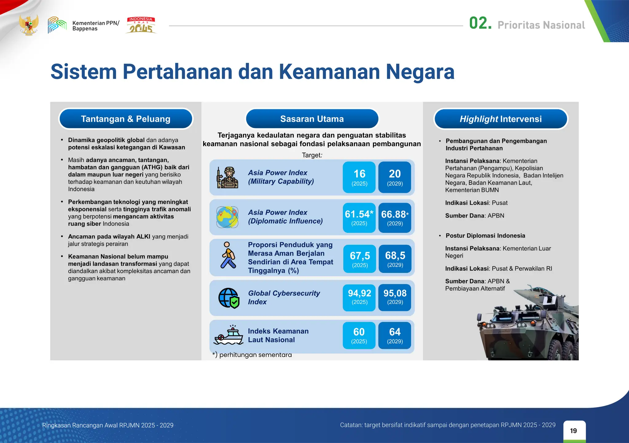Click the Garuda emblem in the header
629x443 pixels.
pyautogui.click(x=29, y=25)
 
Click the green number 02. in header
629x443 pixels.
pyautogui.click(x=480, y=24)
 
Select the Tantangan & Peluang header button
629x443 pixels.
pyautogui.click(x=126, y=119)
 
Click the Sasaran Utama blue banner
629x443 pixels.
pyautogui.click(x=312, y=119)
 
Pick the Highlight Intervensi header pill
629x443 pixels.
pyautogui.click(x=501, y=119)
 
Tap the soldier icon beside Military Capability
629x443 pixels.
pyautogui.click(x=228, y=177)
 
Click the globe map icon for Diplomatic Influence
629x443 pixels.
pyautogui.click(x=227, y=217)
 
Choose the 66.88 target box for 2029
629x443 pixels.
pyautogui.click(x=395, y=218)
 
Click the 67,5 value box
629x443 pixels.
pyautogui.click(x=360, y=259)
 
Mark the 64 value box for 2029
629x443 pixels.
pyautogui.click(x=395, y=335)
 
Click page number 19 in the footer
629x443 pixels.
pyautogui.click(x=573, y=431)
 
